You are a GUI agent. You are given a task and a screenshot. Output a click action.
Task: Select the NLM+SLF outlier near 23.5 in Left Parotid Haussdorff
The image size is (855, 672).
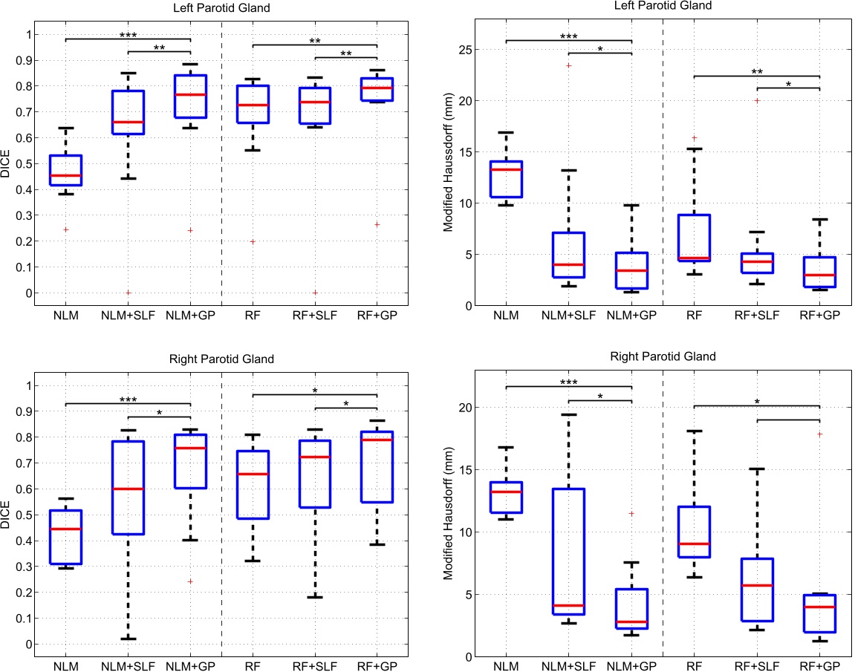568,65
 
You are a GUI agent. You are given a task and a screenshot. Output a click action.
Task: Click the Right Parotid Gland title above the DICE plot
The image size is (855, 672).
221,359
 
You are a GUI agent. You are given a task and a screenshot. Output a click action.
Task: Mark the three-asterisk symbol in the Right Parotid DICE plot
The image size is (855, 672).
128,399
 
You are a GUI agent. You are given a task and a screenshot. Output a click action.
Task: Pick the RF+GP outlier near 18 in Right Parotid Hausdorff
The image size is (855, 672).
819,434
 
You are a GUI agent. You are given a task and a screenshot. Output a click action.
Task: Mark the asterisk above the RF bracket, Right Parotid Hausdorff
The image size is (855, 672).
756,402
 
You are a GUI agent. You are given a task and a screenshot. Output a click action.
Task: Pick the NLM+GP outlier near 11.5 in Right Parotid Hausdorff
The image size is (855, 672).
631,513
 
